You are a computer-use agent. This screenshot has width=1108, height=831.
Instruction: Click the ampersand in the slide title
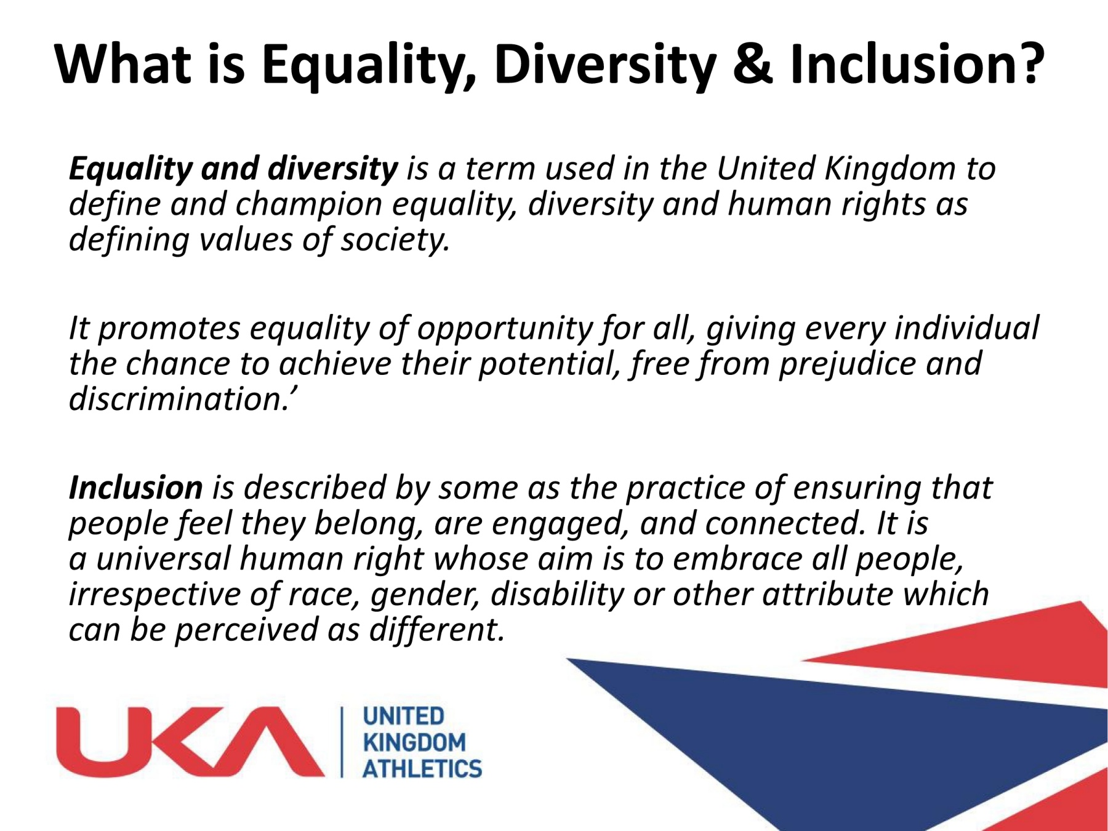click(x=752, y=65)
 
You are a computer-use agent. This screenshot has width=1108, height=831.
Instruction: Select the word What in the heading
click(x=122, y=65)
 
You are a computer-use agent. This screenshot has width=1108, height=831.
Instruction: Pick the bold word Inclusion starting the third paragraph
click(x=135, y=488)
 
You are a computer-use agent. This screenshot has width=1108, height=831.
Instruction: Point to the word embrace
click(x=737, y=559)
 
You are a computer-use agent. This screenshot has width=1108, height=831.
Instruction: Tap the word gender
click(x=425, y=595)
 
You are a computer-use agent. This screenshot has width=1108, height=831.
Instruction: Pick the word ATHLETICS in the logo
click(x=422, y=769)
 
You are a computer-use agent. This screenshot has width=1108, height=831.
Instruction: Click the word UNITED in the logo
click(x=403, y=716)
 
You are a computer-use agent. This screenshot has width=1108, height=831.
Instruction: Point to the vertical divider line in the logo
click(x=342, y=742)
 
